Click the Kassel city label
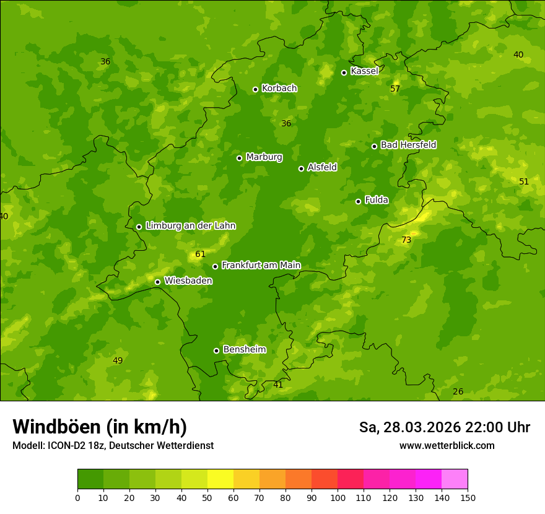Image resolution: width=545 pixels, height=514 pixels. [x=364, y=71]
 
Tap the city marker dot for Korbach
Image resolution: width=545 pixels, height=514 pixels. [x=255, y=89]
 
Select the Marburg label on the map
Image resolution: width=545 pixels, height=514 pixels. [x=264, y=157]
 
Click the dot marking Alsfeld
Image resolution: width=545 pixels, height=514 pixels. [x=301, y=168]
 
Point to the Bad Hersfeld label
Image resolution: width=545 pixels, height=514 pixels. [x=408, y=145]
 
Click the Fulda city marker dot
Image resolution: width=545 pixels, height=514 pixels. [x=358, y=201]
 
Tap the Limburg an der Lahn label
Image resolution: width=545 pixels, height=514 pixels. [x=190, y=226]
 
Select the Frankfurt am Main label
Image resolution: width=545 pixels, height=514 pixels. [x=261, y=266]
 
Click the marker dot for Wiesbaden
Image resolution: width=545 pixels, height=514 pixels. [x=157, y=282]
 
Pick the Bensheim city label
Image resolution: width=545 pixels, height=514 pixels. [x=244, y=350]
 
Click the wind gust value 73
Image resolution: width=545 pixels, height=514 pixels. [x=406, y=240]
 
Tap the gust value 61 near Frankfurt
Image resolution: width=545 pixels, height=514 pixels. [x=200, y=255]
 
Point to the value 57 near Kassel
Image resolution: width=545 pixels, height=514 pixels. [x=395, y=89]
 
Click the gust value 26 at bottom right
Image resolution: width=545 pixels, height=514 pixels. [x=458, y=392]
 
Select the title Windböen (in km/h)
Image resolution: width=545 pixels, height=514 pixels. [x=100, y=427]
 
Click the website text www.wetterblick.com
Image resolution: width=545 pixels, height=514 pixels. [x=447, y=446]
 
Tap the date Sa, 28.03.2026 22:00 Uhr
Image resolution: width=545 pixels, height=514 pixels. [x=444, y=427]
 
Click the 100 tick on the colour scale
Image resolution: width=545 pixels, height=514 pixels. [x=338, y=498]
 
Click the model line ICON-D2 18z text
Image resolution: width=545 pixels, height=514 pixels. [x=113, y=446]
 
